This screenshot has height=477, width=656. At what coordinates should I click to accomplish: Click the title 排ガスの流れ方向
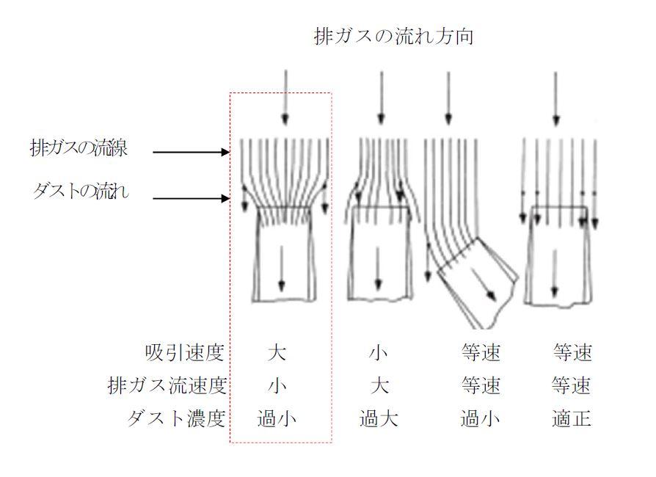tap(393, 37)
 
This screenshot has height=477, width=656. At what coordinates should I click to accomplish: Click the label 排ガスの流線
tap(79, 148)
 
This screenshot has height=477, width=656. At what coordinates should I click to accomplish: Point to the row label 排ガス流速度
tap(167, 385)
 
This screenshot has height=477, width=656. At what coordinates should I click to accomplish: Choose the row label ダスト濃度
tap(176, 418)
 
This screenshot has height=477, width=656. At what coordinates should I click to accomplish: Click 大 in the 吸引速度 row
tap(277, 353)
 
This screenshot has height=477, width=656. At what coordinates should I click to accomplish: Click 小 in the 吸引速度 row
tap(378, 353)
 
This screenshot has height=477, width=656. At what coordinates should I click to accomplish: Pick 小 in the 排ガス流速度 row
tap(277, 385)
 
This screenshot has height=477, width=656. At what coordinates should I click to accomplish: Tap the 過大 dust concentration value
tap(379, 418)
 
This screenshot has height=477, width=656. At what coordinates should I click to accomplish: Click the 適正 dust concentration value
tap(572, 418)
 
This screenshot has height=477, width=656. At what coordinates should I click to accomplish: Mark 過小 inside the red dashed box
tap(277, 418)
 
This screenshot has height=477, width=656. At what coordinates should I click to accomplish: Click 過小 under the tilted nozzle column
tap(481, 418)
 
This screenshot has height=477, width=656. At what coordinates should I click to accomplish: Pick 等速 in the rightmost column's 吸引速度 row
tap(572, 353)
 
